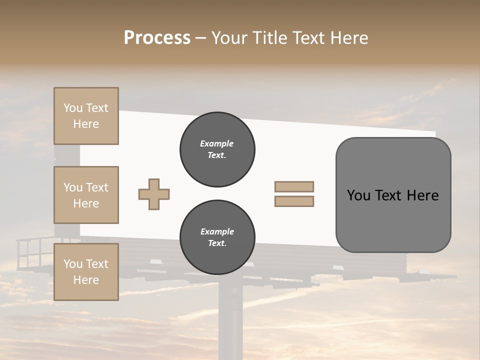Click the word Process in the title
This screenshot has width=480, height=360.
157,38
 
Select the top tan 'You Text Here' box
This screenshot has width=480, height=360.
86,116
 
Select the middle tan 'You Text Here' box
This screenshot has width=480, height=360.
86,195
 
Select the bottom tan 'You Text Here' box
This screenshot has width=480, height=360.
86,272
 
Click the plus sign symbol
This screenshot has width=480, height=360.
154,194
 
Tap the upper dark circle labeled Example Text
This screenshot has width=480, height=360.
217,149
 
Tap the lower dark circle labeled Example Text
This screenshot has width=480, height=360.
217,237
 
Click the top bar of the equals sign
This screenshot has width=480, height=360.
294,186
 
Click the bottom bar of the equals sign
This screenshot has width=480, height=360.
294,201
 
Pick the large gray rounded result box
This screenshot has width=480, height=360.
393,215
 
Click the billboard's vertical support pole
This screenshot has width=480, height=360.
231,320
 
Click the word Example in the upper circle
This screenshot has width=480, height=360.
217,143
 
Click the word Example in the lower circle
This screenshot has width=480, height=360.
217,231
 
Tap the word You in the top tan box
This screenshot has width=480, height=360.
73,108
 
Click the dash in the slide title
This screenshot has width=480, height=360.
200,38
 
